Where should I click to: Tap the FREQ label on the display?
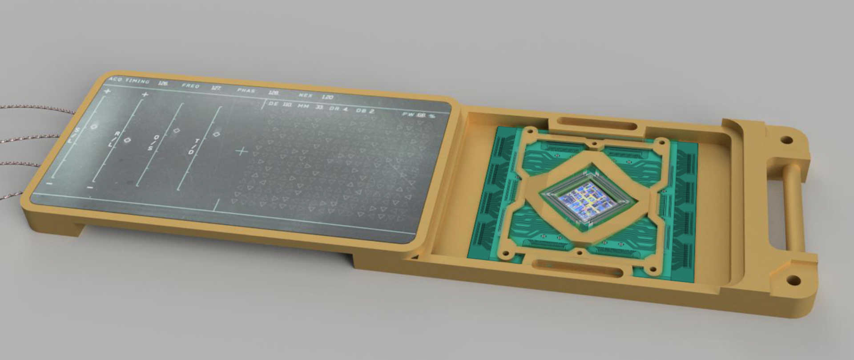click(190, 85)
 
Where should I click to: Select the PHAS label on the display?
click(246, 90)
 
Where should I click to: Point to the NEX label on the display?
click(305, 95)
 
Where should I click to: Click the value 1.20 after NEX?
click(327, 97)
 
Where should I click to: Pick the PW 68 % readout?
click(419, 115)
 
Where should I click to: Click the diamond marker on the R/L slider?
click(128, 140)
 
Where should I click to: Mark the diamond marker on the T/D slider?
click(217, 134)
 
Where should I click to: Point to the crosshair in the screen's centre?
click(242, 152)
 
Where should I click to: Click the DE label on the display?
click(273, 104)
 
